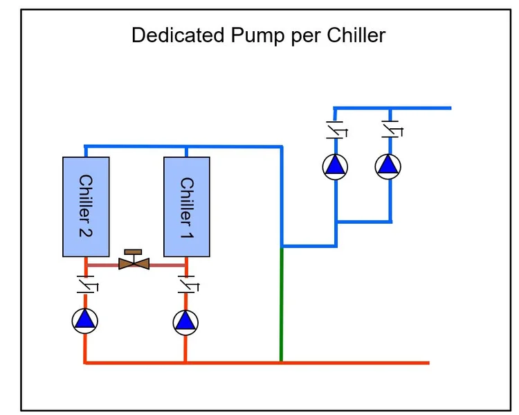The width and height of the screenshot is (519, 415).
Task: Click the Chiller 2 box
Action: click(86, 206)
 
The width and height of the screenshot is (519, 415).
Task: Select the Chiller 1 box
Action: click(186, 206)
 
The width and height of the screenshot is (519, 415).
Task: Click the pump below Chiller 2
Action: click(85, 319)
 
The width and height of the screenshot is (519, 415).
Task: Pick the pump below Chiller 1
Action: click(185, 320)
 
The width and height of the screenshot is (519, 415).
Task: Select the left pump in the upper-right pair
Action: click(336, 166)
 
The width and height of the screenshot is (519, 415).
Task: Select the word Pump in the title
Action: click(250, 35)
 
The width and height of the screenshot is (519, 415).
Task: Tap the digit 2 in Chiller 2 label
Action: click(86, 229)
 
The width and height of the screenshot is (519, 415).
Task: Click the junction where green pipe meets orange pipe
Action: click(281, 362)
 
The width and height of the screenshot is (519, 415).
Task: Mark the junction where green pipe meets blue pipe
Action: click(282, 246)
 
